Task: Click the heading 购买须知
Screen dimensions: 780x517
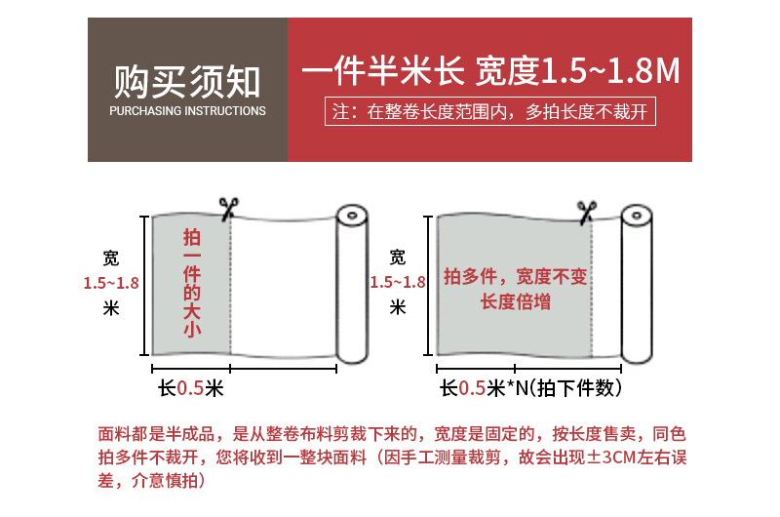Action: click(187, 82)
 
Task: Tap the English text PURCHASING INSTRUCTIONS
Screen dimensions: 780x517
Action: click(187, 111)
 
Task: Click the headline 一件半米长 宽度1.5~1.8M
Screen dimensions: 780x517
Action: click(490, 70)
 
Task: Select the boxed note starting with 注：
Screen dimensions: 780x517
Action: click(490, 111)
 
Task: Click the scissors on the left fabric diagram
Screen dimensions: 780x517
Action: click(228, 209)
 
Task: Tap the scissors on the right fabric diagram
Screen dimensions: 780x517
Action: click(587, 212)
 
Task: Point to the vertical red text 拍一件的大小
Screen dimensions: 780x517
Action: click(192, 283)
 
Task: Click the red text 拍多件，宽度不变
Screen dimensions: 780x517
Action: click(516, 276)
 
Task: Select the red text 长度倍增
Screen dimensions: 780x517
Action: click(516, 302)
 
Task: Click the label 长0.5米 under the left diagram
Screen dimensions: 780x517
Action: click(191, 388)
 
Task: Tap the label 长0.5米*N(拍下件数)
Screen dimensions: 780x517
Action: click(530, 388)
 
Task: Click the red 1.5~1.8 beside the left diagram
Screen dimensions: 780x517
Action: click(111, 283)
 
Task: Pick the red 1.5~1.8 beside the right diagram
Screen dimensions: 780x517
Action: click(398, 283)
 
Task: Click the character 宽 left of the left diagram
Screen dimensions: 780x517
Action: click(111, 258)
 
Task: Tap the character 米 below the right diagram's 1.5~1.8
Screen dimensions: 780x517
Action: click(398, 307)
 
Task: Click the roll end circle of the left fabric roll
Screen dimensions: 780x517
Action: click(352, 216)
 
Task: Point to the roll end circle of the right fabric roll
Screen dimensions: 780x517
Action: click(637, 216)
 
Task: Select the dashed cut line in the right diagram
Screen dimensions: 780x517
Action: click(592, 289)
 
